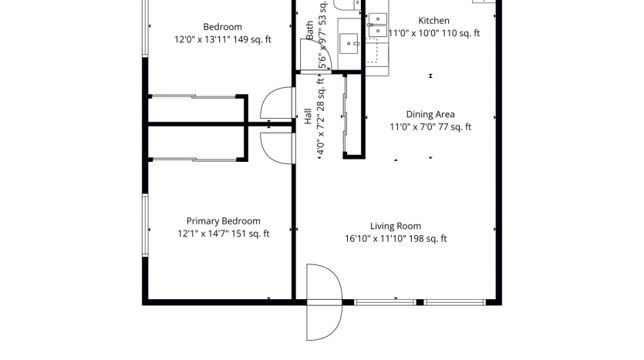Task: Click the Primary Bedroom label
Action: [223, 221]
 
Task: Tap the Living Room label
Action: [396, 226]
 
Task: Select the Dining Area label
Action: [430, 115]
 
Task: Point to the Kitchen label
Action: [433, 21]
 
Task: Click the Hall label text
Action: [308, 116]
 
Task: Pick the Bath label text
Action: [310, 30]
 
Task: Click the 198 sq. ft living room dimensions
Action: [396, 239]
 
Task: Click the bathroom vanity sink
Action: [349, 43]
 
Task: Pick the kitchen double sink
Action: [377, 25]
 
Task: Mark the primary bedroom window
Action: [145, 225]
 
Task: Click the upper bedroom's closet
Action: [197, 110]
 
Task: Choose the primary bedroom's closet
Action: [197, 143]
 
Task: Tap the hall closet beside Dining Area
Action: [353, 116]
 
